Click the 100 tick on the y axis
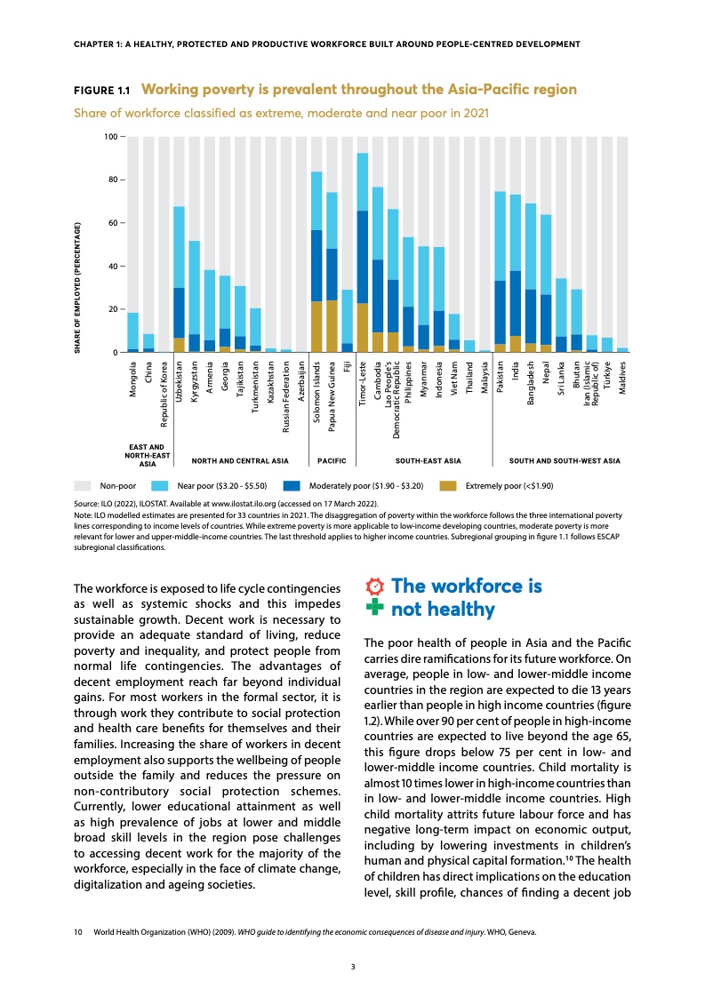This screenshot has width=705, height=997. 110,136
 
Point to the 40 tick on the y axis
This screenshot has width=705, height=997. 113,267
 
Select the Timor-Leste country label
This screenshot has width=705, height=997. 363,384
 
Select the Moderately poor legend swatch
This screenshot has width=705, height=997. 292,486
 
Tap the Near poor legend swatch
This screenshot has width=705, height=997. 161,486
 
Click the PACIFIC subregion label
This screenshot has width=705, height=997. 332,461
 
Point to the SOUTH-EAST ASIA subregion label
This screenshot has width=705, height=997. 428,461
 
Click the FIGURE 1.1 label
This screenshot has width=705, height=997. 101,91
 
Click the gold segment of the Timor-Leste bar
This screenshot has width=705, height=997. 363,328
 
